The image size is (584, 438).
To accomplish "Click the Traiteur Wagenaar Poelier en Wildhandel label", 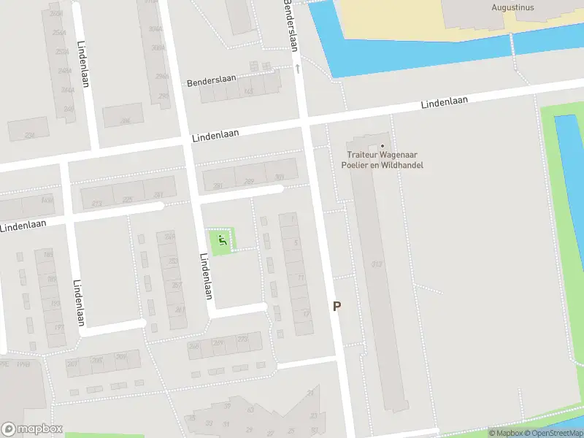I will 382,159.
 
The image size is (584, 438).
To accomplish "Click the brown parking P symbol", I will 337,307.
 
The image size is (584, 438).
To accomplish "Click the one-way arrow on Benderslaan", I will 298,68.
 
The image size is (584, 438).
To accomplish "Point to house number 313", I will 377,264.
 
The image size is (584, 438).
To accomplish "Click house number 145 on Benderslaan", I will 250,91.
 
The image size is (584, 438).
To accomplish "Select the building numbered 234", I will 30,135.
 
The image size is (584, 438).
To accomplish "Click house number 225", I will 128,199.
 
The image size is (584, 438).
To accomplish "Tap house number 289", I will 249,182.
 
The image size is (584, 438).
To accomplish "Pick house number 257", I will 175,285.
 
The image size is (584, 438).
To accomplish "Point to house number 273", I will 242,339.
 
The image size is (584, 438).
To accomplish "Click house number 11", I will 300,277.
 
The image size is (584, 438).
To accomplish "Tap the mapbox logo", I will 32,429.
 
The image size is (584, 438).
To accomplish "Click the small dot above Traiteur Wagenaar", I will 382,145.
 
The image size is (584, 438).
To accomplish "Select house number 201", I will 72,364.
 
